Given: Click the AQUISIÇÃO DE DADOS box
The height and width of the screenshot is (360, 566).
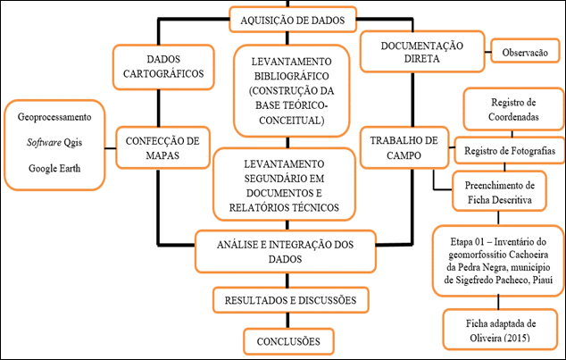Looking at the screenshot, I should [284, 19].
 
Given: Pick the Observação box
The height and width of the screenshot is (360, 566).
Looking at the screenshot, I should [525, 52].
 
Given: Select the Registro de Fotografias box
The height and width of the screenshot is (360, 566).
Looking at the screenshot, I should [511, 147].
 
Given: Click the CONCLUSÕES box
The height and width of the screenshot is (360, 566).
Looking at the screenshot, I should [284, 340].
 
